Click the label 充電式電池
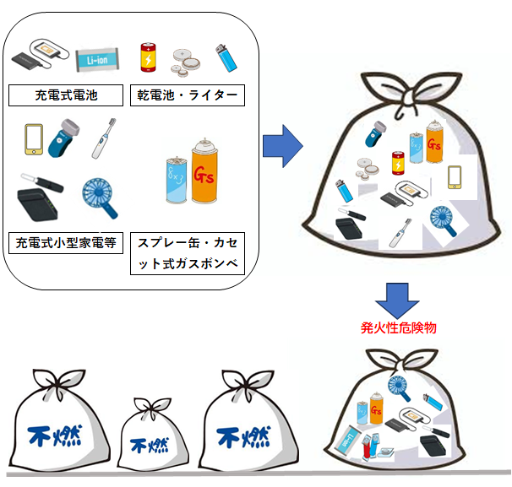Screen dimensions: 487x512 tap(64, 95)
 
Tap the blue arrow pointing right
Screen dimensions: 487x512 tap(283, 149)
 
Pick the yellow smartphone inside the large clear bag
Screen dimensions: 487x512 tap(455, 176)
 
